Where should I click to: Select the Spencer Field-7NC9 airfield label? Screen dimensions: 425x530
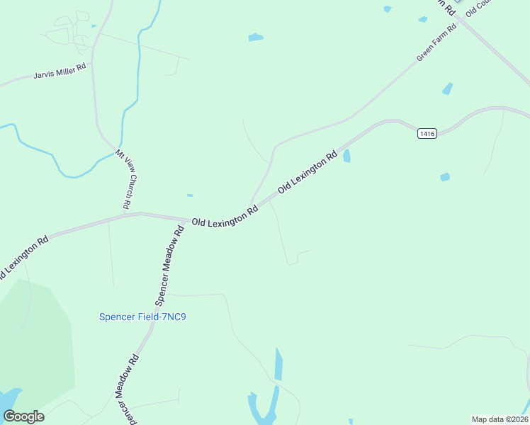point(142,317)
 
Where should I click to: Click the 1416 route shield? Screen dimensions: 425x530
point(427,133)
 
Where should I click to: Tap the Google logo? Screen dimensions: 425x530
point(23,416)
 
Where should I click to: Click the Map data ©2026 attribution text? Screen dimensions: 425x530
point(500,419)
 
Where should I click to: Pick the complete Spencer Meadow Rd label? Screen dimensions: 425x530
point(169,258)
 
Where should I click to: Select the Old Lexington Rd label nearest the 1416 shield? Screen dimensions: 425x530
point(308,172)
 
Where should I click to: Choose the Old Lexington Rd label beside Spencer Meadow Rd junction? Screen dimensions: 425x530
point(225,217)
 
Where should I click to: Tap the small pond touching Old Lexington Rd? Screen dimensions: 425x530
point(346,156)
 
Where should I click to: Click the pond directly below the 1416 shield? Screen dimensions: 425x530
point(444,176)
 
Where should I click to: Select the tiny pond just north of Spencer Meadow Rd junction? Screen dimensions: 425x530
point(189,195)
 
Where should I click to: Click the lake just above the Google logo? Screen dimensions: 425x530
point(10,398)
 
